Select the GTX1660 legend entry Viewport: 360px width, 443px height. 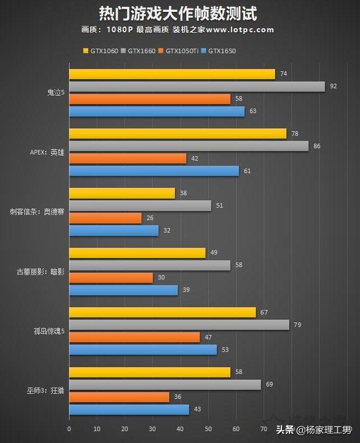pyautogui.click(x=140, y=51)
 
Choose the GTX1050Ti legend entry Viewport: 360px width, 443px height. pyautogui.click(x=181, y=51)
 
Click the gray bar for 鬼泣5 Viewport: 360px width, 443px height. pyautogui.click(x=197, y=87)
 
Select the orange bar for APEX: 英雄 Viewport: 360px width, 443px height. pyautogui.click(x=127, y=158)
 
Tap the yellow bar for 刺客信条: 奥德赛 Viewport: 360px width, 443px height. pyautogui.click(x=122, y=193)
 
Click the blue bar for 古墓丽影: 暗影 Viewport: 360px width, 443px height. pyautogui.click(x=123, y=290)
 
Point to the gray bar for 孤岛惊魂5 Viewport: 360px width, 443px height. pyautogui.click(x=179, y=325)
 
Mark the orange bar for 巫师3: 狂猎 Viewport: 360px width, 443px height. pyautogui.click(x=119, y=397)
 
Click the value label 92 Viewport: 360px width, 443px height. pyautogui.click(x=333, y=87)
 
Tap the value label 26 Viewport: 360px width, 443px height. pyautogui.click(x=150, y=218)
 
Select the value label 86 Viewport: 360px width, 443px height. pyautogui.click(x=317, y=146)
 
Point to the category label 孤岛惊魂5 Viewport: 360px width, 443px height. pyautogui.click(x=49, y=332)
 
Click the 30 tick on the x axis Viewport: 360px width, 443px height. pyautogui.click(x=152, y=428)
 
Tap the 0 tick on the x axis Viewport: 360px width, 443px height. pyautogui.click(x=69, y=428)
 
